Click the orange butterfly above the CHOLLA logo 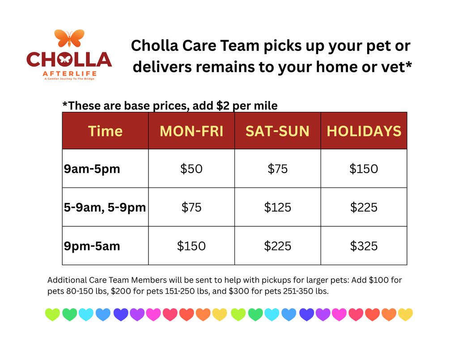click(69, 38)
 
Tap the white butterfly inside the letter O click(64, 59)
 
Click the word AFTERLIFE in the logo click(69, 74)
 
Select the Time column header click(105, 131)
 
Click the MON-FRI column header click(191, 131)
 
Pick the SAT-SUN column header click(277, 131)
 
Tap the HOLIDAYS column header click(364, 131)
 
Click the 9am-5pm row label click(92, 169)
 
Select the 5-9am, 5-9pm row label click(105, 208)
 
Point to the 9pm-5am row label click(92, 246)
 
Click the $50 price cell click(191, 169)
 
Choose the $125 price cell click(277, 208)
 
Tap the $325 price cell click(364, 246)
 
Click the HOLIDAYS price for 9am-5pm click(364, 169)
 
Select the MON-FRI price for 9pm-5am click(191, 246)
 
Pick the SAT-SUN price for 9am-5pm click(277, 169)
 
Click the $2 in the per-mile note click(223, 106)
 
